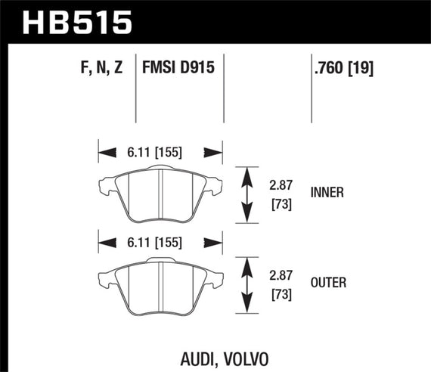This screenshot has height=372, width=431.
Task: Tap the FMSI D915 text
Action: click(178, 69)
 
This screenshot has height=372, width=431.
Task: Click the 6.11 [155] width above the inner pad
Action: click(158, 151)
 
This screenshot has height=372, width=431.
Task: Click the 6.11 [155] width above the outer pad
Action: click(158, 242)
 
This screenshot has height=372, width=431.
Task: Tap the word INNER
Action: click(327, 192)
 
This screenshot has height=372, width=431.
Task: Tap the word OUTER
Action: click(328, 283)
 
